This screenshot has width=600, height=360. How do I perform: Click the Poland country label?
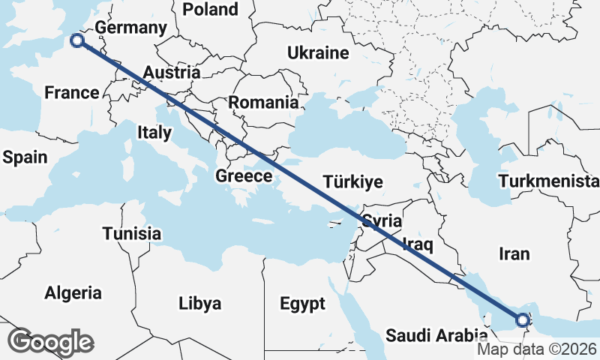tap(210, 10)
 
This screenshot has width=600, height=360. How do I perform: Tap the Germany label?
tap(130, 28)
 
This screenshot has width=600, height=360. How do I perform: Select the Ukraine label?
tap(318, 53)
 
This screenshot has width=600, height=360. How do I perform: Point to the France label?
tap(71, 93)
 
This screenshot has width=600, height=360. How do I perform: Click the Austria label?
tap(172, 73)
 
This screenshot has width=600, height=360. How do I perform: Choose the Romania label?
tap(263, 103)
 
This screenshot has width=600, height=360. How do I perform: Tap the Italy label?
tap(154, 133)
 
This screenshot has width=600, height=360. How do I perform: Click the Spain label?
tap(25, 157)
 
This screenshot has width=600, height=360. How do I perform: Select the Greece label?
tap(243, 176)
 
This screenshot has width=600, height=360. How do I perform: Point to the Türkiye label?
tap(352, 181)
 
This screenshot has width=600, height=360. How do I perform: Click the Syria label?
tap(382, 221)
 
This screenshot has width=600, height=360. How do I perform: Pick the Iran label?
tap(514, 254)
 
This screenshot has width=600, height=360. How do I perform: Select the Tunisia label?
tap(132, 233)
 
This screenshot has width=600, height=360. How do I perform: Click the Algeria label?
tap(73, 292)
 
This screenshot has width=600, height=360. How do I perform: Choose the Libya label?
tap(199, 304)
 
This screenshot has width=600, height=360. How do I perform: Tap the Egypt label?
tap(302, 304)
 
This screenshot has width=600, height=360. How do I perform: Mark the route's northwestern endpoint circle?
tap(76, 41)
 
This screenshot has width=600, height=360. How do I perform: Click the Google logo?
tap(50, 342)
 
